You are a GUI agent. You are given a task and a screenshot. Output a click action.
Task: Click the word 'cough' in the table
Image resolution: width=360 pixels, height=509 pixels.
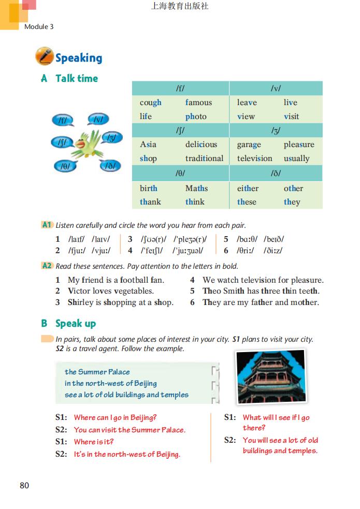point(150,103)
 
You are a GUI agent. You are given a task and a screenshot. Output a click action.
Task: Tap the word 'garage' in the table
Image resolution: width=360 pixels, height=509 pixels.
point(249,144)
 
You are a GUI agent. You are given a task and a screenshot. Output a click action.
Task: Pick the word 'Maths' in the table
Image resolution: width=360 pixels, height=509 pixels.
point(196,188)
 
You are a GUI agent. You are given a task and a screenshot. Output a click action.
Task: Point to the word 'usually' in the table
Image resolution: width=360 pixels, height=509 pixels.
point(296,158)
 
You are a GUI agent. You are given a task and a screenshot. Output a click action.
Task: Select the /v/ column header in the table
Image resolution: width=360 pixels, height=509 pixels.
point(276,89)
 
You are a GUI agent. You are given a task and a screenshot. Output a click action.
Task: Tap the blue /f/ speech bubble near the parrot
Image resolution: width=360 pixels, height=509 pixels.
point(63,121)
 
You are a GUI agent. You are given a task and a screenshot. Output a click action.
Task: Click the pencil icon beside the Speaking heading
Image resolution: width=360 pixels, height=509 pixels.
point(44,56)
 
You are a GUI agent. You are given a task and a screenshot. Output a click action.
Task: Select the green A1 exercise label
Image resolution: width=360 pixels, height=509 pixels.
point(47,225)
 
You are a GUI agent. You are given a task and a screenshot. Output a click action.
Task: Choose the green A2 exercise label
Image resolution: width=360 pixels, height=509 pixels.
point(47,266)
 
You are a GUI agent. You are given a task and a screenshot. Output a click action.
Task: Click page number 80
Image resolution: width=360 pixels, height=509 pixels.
point(24,485)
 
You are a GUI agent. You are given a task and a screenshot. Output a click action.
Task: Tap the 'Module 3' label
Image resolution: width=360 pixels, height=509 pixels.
point(39,26)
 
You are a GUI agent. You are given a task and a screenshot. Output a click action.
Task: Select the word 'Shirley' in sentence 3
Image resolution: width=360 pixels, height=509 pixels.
point(82,302)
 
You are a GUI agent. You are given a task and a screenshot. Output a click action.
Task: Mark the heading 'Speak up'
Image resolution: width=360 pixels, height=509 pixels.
point(76,323)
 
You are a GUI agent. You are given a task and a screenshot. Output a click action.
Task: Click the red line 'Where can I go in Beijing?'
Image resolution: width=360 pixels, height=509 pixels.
point(115,417)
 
